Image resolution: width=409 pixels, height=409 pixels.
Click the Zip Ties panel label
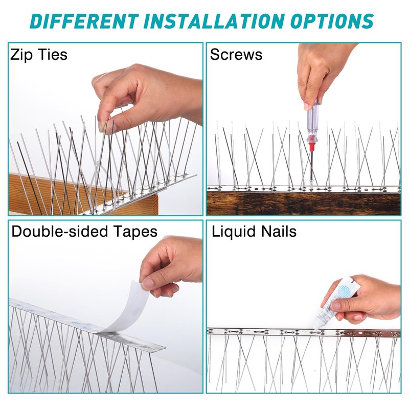click(x=39, y=55)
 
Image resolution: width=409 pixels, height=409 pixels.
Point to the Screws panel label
click(x=236, y=55)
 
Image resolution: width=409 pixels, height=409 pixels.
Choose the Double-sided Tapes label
click(x=84, y=232)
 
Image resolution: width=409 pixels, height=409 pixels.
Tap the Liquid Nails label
click(x=254, y=232)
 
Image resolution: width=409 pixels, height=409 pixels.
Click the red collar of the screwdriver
click(x=311, y=143)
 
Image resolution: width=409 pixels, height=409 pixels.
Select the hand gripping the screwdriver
click(x=320, y=71)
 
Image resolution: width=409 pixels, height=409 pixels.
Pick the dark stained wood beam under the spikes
click(x=304, y=203)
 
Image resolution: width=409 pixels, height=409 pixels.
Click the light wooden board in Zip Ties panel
click(x=78, y=194)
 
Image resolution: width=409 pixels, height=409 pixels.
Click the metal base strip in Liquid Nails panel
click(x=304, y=332)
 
